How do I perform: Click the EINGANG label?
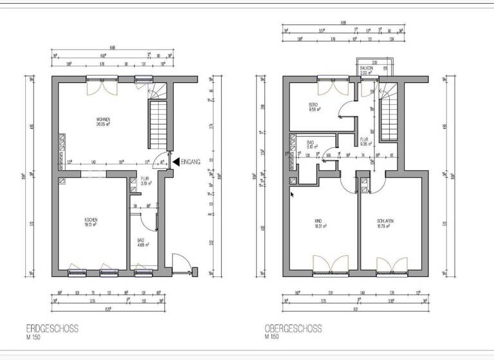point(192,162)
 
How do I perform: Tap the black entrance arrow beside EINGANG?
point(176,162)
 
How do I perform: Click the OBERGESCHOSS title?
point(293,328)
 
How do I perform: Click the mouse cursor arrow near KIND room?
point(292,194)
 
